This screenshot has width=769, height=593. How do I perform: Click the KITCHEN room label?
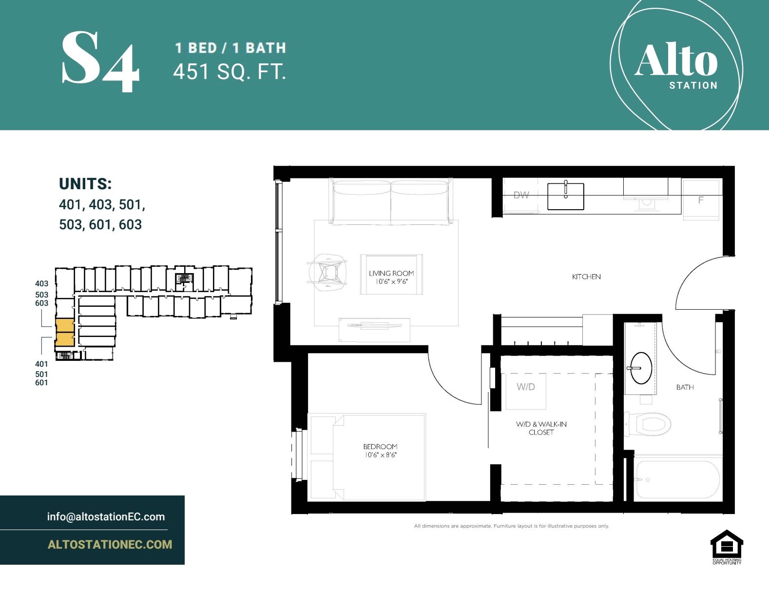(x=586, y=277)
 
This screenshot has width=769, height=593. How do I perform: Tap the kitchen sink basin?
(x=565, y=196)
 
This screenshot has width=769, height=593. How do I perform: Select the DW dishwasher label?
(x=521, y=195)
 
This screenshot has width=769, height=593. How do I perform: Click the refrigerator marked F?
(x=701, y=200)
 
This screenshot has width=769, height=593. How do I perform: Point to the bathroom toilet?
(x=648, y=423)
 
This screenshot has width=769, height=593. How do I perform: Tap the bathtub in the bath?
(x=677, y=479)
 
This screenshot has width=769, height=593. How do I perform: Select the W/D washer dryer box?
(x=526, y=390)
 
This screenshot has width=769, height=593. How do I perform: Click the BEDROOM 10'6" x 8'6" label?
(x=380, y=451)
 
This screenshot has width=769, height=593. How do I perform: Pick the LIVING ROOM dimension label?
(x=391, y=277)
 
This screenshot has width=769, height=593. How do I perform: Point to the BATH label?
(x=685, y=387)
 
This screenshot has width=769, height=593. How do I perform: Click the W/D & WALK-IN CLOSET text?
(x=541, y=428)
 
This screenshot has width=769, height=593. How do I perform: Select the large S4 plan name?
(x=101, y=61)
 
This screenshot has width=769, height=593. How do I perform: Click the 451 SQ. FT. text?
(x=229, y=72)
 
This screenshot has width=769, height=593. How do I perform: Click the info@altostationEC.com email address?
(x=106, y=516)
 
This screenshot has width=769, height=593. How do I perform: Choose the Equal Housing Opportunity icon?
(x=727, y=547)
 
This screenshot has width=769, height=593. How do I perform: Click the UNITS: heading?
(x=85, y=184)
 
